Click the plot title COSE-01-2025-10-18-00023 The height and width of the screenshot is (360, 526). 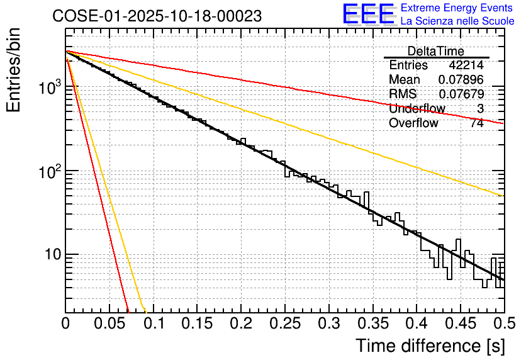click(x=157, y=16)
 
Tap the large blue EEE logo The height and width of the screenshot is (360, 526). click(x=368, y=14)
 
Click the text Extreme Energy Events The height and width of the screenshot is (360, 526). click(x=457, y=8)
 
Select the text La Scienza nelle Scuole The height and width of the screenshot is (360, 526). click(x=457, y=21)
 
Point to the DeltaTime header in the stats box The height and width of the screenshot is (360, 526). click(x=435, y=51)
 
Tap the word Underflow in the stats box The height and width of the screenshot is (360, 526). click(x=417, y=109)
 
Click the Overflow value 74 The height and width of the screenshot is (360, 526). click(x=477, y=123)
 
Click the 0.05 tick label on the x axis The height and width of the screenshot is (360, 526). click(x=109, y=324)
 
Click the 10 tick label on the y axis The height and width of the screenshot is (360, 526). click(x=51, y=255)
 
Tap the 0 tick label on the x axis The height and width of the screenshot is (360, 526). click(x=66, y=324)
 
